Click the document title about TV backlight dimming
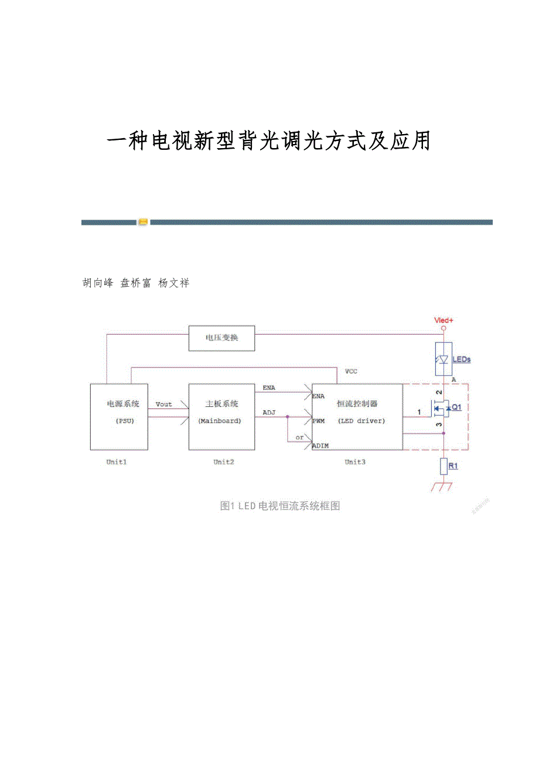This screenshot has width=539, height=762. click(x=269, y=141)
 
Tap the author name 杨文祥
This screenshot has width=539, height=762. click(x=174, y=283)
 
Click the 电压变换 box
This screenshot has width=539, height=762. click(x=221, y=338)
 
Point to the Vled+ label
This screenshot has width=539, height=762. click(x=444, y=320)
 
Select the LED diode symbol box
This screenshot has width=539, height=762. click(x=444, y=359)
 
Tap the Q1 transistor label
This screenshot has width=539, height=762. click(x=456, y=407)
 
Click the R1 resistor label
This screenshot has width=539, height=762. click(x=453, y=466)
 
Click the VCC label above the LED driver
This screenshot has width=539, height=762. click(x=351, y=372)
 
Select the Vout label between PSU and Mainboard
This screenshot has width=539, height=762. click(x=164, y=404)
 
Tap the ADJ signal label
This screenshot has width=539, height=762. click(x=269, y=413)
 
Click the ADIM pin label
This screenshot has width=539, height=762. click(x=320, y=446)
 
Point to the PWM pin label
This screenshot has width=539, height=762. click(x=319, y=421)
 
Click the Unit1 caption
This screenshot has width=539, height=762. click(x=117, y=462)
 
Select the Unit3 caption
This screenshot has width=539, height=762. click(x=355, y=462)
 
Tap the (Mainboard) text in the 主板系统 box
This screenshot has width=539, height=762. click(x=220, y=421)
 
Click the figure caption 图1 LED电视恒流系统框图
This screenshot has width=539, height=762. click(x=280, y=506)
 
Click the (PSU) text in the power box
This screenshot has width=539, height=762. click(x=124, y=421)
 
